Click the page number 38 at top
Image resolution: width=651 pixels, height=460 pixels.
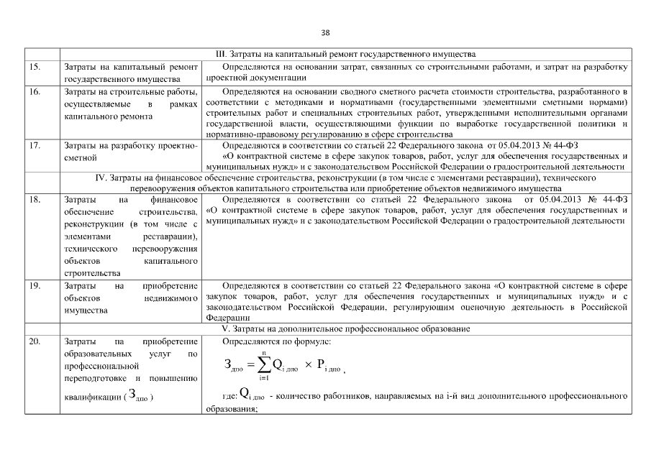tap(325, 32)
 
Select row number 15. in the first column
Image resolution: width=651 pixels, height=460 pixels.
tap(35, 67)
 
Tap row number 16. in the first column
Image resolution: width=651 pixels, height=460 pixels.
tap(35, 92)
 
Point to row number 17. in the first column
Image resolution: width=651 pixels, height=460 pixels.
tap(35, 145)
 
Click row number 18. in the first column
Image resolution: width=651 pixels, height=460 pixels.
tap(35, 198)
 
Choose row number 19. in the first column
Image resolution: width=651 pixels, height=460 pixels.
tap(35, 285)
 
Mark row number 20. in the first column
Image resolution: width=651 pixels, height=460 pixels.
tap(35, 341)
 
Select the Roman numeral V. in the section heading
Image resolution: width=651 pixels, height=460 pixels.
tap(225, 329)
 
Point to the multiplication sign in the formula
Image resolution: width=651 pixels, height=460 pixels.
tap(309, 365)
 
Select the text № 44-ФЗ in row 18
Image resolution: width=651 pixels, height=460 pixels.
tap(606, 198)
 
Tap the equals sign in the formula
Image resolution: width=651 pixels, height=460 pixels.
tap(250, 365)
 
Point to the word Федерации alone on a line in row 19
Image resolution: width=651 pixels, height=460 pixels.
tap(227, 317)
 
